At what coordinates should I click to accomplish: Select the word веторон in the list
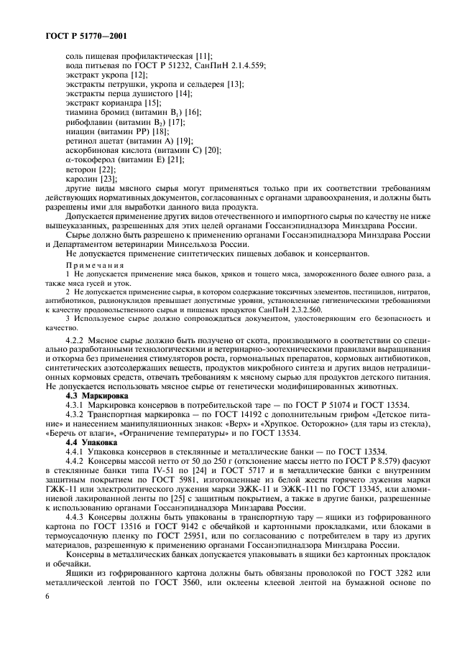80,169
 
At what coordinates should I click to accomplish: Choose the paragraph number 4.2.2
76,337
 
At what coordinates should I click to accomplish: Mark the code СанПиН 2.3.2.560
304,309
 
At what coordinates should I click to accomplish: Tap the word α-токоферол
91,159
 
